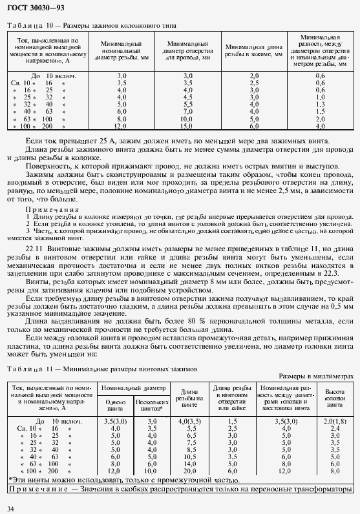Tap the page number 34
tap(10, 508)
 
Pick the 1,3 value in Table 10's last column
tap(320, 104)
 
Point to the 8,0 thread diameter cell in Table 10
tap(122, 118)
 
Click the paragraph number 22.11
tap(33, 249)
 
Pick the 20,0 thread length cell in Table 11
tap(189, 471)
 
